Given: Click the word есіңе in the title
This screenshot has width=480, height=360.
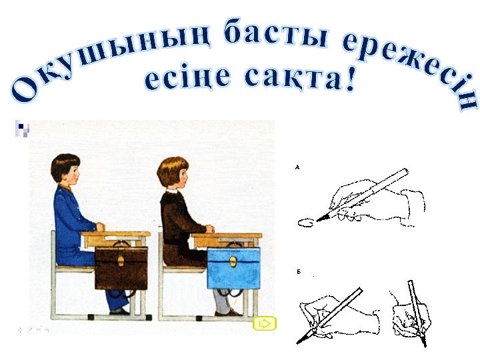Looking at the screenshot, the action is click(x=187, y=77).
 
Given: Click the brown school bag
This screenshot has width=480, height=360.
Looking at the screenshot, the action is click(x=121, y=267).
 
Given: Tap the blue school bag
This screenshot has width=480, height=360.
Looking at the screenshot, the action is click(x=234, y=267).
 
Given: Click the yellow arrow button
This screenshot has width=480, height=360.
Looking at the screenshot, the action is click(x=265, y=323).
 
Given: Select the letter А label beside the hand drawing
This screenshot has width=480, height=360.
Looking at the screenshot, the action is click(x=297, y=167).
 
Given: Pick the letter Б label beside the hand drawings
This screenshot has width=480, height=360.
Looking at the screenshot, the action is click(x=299, y=272).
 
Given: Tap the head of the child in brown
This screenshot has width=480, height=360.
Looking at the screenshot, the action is click(x=173, y=173).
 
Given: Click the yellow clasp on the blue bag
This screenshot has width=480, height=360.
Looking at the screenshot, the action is click(x=233, y=262).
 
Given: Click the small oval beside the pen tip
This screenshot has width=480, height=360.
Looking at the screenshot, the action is click(x=305, y=223).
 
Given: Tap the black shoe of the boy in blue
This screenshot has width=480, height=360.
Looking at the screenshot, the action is click(x=119, y=312).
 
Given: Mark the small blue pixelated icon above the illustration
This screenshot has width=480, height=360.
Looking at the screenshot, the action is click(x=23, y=128).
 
